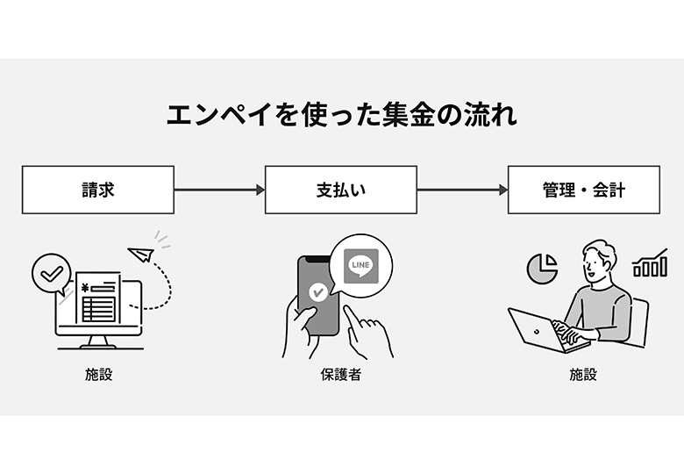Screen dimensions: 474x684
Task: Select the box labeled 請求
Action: coord(98,190)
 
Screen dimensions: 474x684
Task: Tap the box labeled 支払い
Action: coord(340,190)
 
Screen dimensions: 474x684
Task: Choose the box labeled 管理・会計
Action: coord(583,190)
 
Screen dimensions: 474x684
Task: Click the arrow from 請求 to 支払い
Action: coord(219,190)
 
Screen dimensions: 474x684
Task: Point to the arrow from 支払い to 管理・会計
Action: coord(462,190)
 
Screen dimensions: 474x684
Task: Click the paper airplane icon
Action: coord(140,255)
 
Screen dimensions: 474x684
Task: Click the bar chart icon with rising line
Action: coord(650,262)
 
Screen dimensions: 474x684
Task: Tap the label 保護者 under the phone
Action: coord(340,375)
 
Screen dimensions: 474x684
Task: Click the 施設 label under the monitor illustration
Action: coord(98,375)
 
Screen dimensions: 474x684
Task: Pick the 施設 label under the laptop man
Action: coord(583,375)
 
